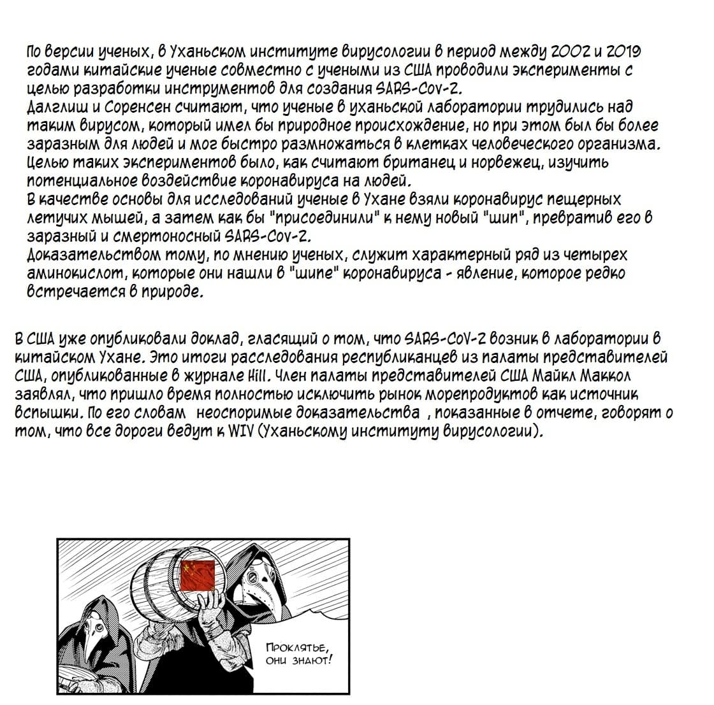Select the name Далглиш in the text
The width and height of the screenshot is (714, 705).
[x=52, y=106]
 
